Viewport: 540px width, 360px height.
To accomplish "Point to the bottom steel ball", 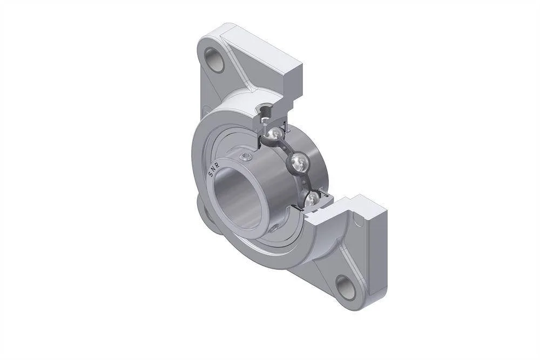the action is pos(313,199).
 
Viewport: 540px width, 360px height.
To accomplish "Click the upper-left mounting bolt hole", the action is pos(215,60).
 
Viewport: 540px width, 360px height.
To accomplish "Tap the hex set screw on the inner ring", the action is pos(246,158).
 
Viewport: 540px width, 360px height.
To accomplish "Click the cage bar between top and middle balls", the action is pos(287,147).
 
